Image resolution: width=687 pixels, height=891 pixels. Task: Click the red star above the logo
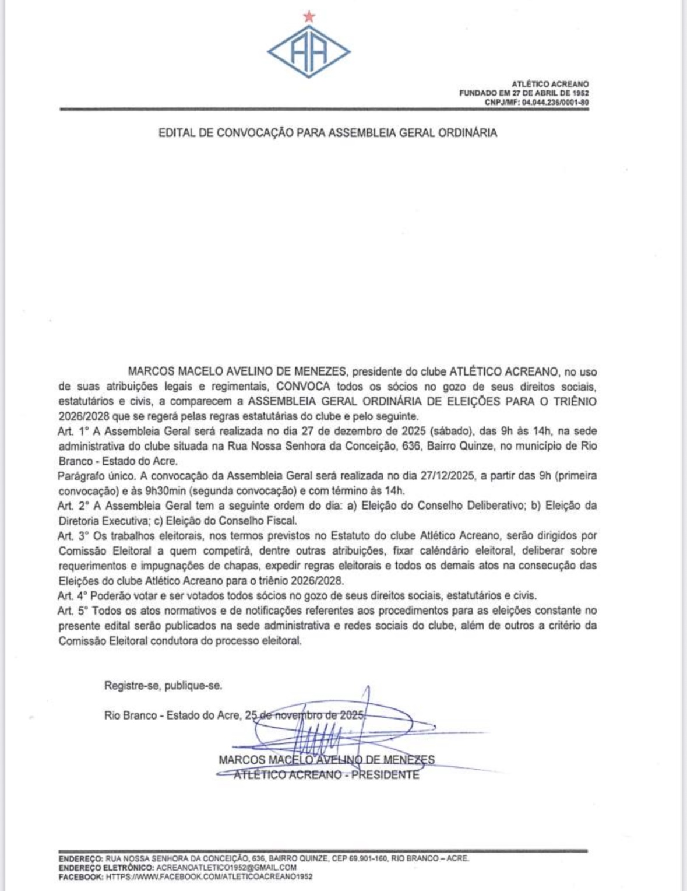(309, 17)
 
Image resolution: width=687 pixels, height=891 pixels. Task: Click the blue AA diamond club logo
(309, 52)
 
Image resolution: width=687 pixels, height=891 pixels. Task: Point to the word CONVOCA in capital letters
(303, 387)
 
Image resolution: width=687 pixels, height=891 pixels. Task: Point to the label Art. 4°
(72, 596)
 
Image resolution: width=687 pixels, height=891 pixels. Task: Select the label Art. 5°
(73, 611)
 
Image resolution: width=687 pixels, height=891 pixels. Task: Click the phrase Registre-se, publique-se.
(163, 686)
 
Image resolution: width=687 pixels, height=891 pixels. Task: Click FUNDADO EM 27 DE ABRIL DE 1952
(524, 93)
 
